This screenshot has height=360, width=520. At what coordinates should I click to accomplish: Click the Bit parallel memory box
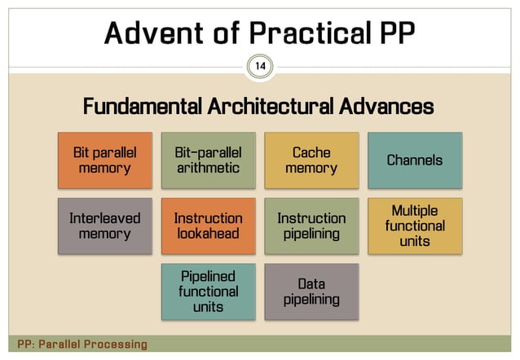(x=104, y=160)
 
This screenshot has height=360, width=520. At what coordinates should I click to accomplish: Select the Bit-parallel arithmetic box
(x=208, y=160)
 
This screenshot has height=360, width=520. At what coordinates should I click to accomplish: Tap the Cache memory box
(x=311, y=160)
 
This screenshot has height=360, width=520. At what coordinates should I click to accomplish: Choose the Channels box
(x=415, y=160)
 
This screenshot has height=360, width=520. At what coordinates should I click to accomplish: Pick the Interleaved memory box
(x=104, y=226)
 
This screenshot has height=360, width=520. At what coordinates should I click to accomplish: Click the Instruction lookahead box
(x=208, y=226)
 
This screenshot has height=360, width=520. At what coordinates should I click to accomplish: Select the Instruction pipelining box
(x=311, y=226)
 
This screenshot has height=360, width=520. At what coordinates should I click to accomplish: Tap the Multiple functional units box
(x=415, y=226)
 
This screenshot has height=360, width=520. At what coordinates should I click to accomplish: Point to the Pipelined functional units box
(x=208, y=291)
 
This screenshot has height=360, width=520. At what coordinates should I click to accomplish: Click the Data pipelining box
(x=311, y=291)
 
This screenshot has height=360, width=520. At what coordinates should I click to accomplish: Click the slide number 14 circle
(x=260, y=65)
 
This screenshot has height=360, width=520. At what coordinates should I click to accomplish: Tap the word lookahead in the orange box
(x=208, y=234)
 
